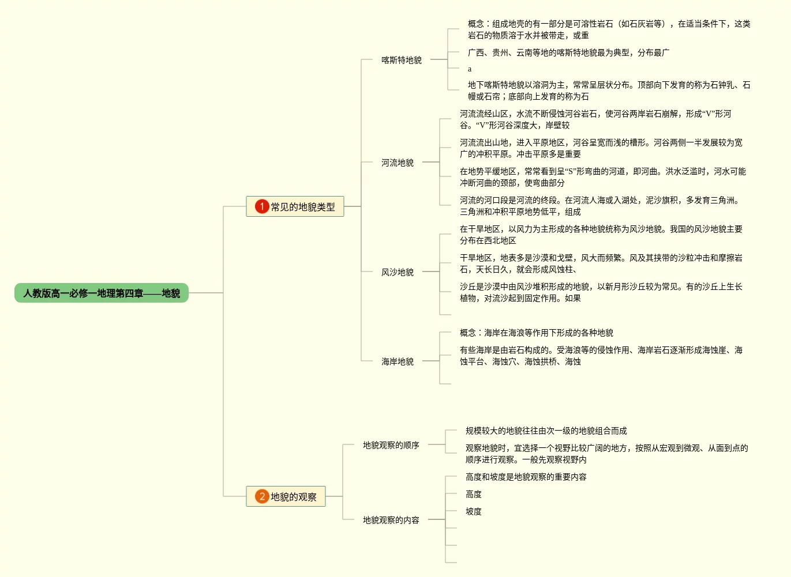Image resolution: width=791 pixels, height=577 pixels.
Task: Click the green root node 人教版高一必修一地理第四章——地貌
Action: coord(102,293)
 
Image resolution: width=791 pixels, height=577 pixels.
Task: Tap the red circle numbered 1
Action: coord(262,206)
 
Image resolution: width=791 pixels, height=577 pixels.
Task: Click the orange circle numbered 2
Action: coord(262,496)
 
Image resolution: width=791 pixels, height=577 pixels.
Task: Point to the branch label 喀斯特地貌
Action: coord(401,59)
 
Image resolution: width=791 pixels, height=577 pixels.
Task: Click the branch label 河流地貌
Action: coord(397,163)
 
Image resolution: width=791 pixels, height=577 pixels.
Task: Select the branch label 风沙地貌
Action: coord(397,271)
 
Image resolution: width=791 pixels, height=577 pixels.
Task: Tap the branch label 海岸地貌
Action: coord(397,361)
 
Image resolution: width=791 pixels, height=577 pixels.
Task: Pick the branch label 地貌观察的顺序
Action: coord(391,445)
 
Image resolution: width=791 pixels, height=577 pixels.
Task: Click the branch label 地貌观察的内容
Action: coord(391,520)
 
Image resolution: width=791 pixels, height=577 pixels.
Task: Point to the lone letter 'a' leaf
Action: coord(470,69)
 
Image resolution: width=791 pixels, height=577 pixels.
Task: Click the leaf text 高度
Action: coord(473,494)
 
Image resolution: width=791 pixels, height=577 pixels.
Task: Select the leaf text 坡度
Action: coord(473,511)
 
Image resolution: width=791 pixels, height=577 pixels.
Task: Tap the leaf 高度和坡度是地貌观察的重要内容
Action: coord(526,477)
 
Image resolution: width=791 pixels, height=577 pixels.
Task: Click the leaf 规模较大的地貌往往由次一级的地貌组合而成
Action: coord(546,431)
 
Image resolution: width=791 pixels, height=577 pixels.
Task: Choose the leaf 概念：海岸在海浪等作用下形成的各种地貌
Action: coord(536,333)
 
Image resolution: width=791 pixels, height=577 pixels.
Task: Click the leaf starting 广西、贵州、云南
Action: coord(568,52)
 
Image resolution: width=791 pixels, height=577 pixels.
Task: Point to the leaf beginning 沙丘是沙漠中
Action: coord(601,292)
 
